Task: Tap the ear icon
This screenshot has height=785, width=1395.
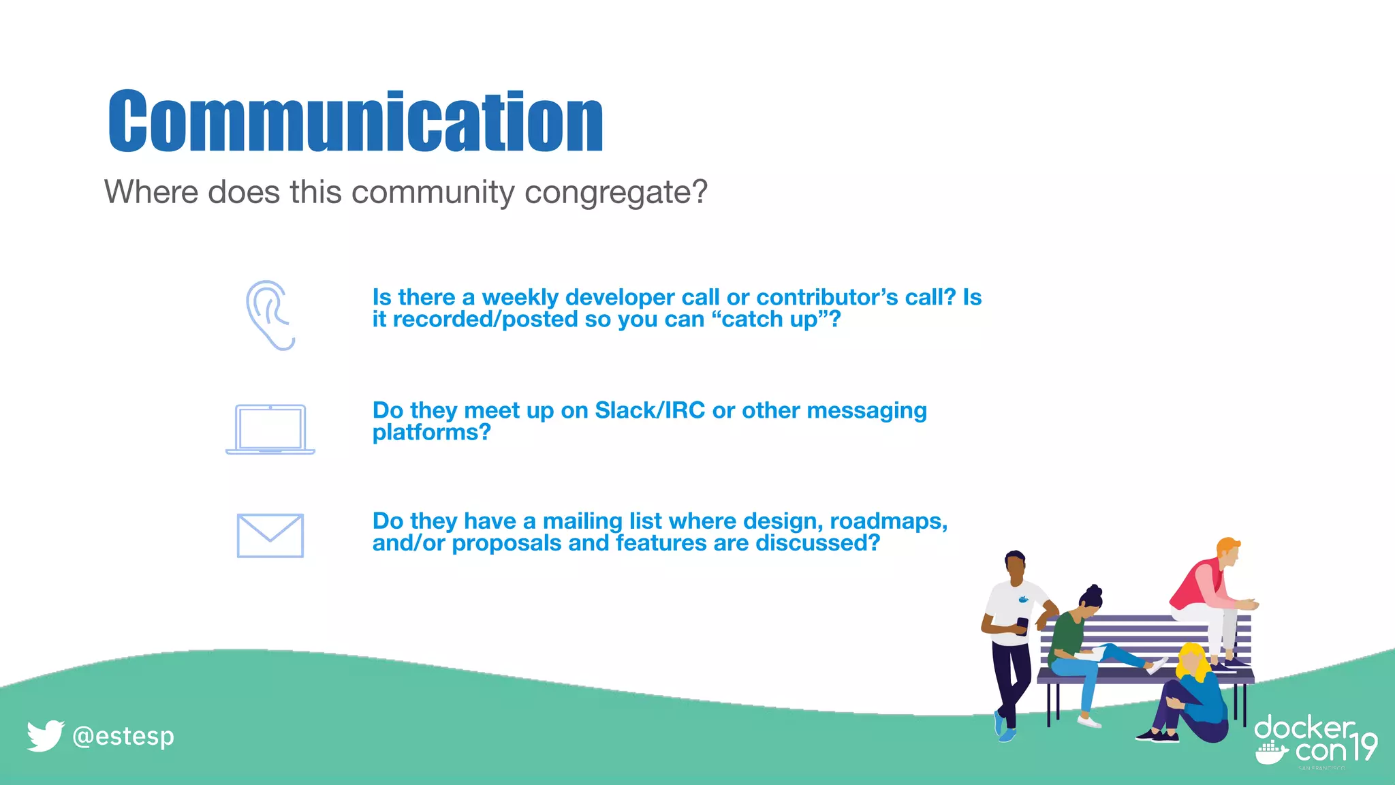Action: (x=270, y=315)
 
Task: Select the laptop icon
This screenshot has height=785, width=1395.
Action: (x=270, y=429)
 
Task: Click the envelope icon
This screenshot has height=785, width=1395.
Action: (x=270, y=536)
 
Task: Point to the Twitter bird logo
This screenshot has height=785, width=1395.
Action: (x=45, y=736)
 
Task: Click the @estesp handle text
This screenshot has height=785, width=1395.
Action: (x=123, y=737)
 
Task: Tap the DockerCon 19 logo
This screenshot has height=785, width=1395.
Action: (x=1315, y=741)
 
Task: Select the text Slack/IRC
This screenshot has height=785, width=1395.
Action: (x=650, y=411)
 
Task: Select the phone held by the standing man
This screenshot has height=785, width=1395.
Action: (x=1022, y=626)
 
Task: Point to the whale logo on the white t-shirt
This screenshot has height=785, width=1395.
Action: (x=1022, y=600)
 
